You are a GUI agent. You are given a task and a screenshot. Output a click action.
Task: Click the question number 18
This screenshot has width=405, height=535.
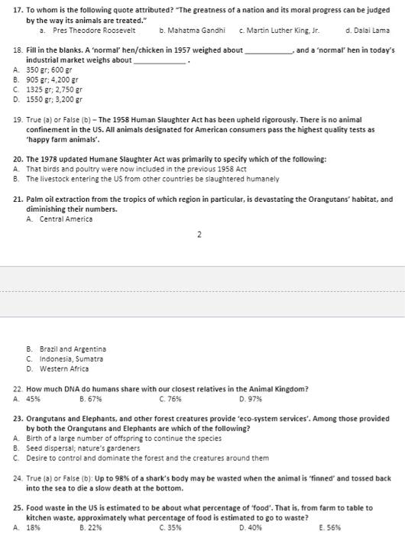[x=18, y=50]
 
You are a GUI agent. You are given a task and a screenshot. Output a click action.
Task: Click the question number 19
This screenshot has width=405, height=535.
[x=18, y=119]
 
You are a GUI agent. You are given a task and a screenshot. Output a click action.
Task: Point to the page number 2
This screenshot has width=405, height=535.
[x=199, y=234]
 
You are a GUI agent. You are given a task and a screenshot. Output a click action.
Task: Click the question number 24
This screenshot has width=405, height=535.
[x=18, y=478]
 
